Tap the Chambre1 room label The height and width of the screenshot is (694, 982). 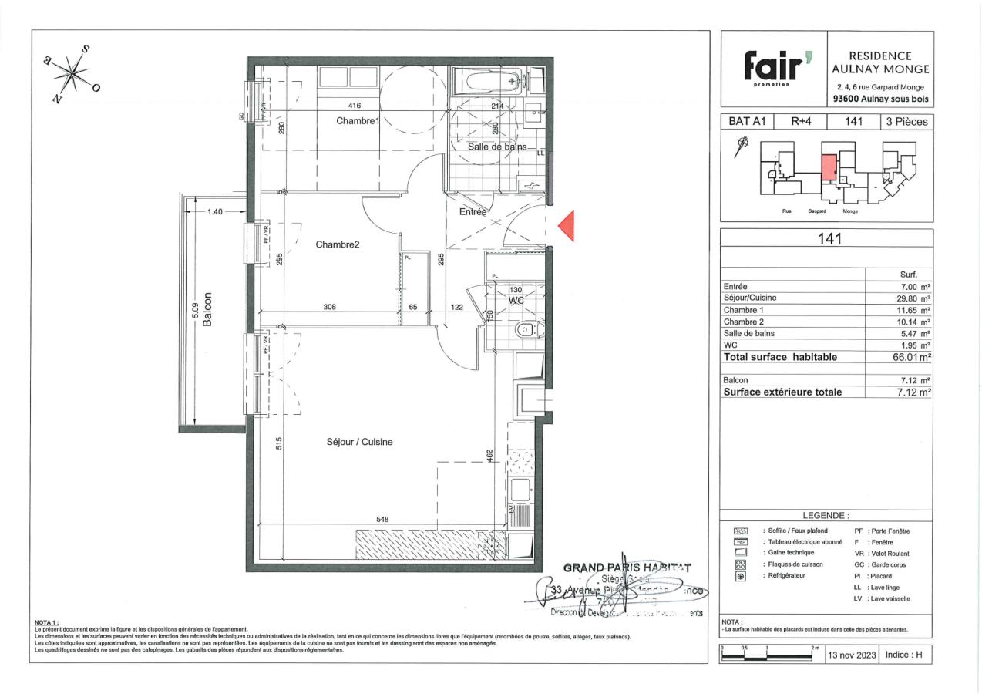pos(358,121)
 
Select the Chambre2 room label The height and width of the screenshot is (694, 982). pos(338,244)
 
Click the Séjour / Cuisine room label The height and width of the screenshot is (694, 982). pos(358,442)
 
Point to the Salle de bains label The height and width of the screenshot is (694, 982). pos(497,147)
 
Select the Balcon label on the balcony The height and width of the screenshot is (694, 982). pos(207,312)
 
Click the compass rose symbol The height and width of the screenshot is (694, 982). pos(74,75)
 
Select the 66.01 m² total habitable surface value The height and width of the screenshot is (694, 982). pos(911,357)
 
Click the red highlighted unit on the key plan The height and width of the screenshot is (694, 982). pos(829,167)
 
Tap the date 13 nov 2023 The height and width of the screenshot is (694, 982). pos(853,655)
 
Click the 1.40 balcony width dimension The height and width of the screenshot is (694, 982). pos(214,211)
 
